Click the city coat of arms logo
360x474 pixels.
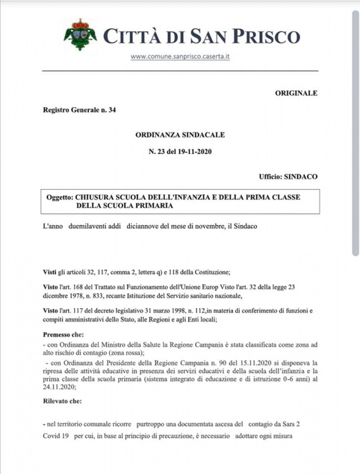click(80, 35)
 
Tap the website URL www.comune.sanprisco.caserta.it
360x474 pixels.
click(180, 57)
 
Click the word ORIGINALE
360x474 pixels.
click(297, 93)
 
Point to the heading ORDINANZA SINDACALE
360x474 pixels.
click(180, 134)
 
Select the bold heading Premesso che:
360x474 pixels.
click(65, 335)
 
